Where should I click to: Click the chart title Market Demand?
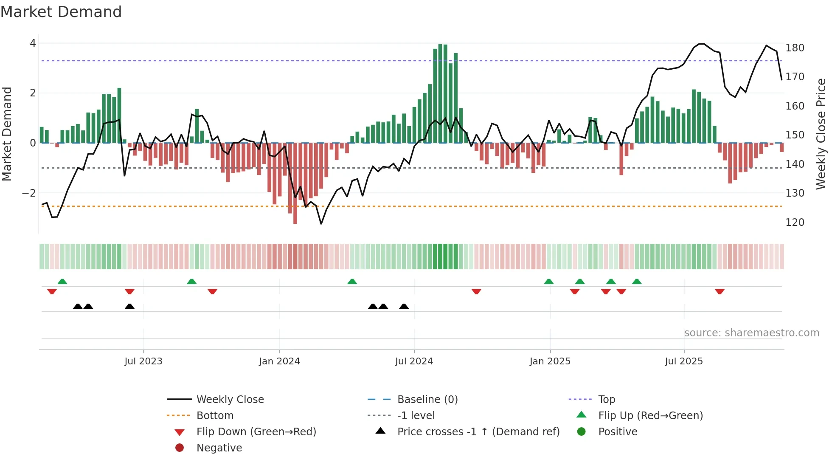click(61, 12)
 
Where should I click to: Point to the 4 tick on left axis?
click(33, 43)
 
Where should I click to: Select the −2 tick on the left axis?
click(29, 193)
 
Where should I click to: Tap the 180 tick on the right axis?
click(795, 48)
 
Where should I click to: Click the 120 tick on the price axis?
click(795, 223)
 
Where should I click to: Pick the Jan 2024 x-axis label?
click(279, 361)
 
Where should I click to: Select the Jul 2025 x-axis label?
click(684, 361)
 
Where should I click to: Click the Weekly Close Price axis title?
click(821, 134)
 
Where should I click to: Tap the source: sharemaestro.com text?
click(751, 333)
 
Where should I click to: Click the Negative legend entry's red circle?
click(180, 448)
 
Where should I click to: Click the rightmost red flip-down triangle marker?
click(720, 291)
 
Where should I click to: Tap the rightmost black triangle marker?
click(404, 306)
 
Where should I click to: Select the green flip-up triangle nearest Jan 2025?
click(549, 282)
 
